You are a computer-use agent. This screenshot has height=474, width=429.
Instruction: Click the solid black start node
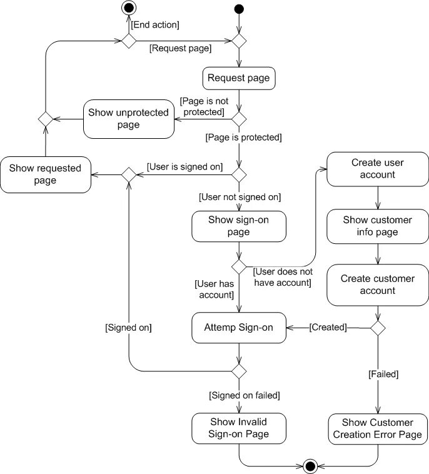click(239, 9)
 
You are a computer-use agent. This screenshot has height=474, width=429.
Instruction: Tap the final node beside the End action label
click(129, 8)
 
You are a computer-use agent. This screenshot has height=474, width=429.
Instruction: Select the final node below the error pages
click(310, 466)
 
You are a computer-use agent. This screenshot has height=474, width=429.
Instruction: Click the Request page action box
click(239, 78)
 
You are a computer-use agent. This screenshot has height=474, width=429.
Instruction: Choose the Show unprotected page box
click(129, 119)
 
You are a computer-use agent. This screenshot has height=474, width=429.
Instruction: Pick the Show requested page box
click(46, 174)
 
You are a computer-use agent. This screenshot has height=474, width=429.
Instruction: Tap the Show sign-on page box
click(239, 226)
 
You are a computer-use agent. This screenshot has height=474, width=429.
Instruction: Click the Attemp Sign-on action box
click(239, 328)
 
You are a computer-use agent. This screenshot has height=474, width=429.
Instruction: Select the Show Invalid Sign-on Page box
click(239, 428)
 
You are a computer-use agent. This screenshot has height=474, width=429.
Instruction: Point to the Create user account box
click(378, 169)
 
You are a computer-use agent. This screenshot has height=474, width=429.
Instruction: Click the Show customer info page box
click(378, 226)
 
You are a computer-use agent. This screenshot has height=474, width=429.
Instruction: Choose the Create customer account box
click(378, 285)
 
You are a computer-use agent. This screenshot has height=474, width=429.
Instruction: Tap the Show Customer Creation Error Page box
click(378, 429)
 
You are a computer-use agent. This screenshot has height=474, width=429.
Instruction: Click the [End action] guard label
click(155, 25)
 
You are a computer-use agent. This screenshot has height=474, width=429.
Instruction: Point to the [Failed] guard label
click(383, 374)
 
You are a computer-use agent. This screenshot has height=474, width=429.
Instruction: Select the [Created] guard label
click(328, 327)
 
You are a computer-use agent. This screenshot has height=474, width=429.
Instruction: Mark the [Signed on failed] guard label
click(245, 395)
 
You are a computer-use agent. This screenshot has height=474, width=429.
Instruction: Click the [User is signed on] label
click(184, 167)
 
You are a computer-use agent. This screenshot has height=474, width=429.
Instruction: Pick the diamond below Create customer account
click(378, 328)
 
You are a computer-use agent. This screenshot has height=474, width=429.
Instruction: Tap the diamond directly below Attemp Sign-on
click(239, 371)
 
